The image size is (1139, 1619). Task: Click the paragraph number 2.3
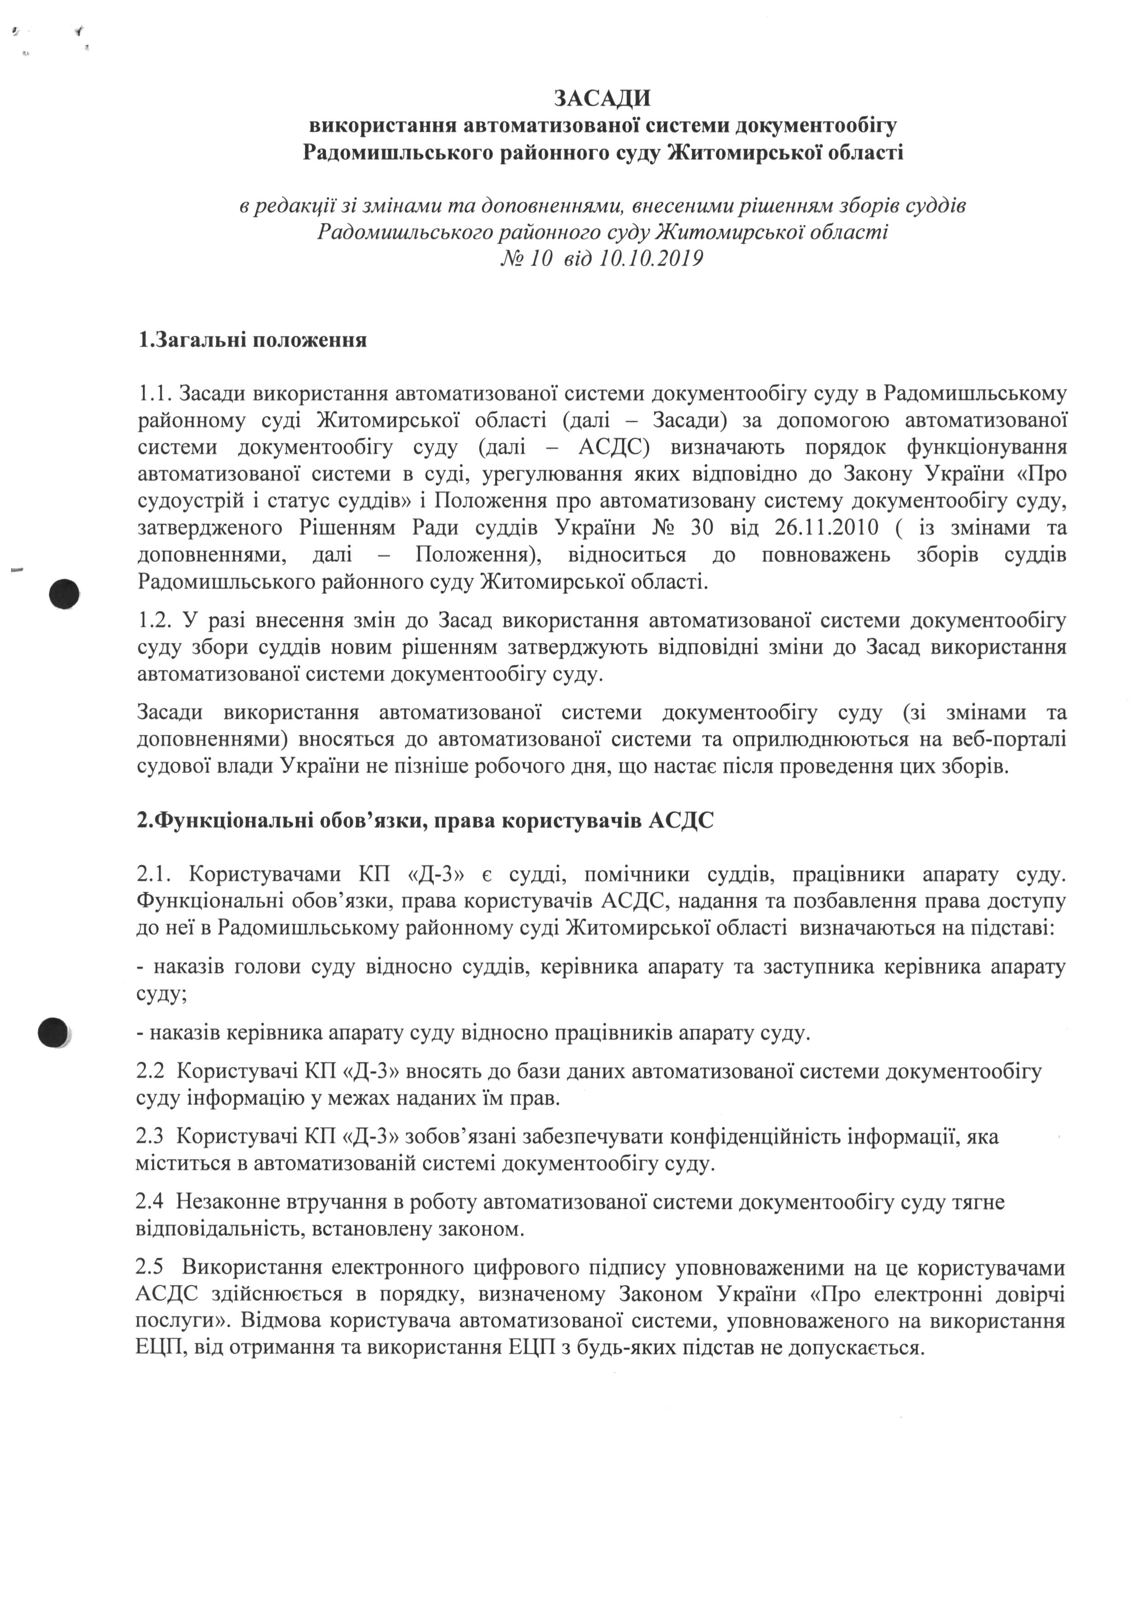click(x=150, y=1137)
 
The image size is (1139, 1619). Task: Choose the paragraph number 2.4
click(x=150, y=1202)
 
